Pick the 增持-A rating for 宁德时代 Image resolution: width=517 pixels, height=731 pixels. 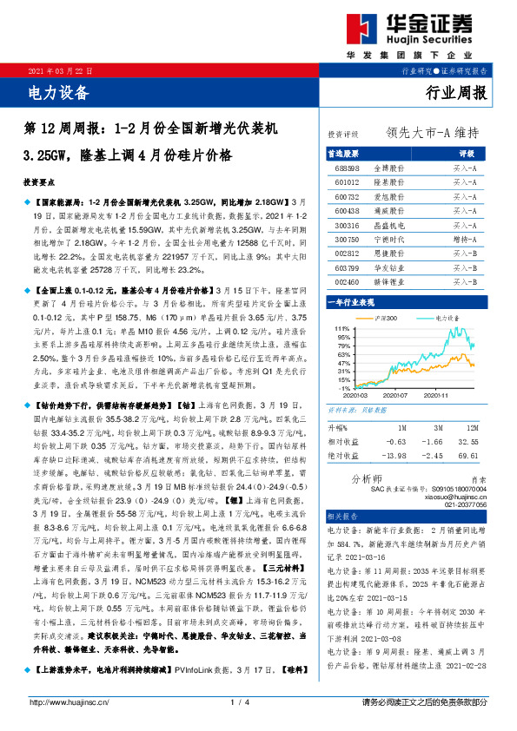coord(464,238)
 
